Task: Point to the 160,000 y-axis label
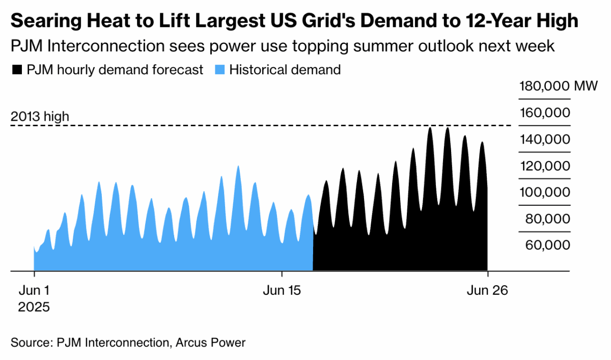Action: coord(544,113)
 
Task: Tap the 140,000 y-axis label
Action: coord(544,139)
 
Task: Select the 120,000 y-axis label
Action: coord(544,166)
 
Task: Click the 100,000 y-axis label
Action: coord(544,192)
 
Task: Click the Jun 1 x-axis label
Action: coord(34,290)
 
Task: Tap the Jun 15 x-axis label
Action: coord(282,290)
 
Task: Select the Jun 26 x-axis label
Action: coord(487,290)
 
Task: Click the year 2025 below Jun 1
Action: coord(34,308)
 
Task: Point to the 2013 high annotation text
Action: coord(40,117)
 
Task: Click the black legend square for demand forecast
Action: coord(17,70)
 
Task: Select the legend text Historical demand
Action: coord(285,70)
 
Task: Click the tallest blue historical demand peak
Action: coord(238,168)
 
